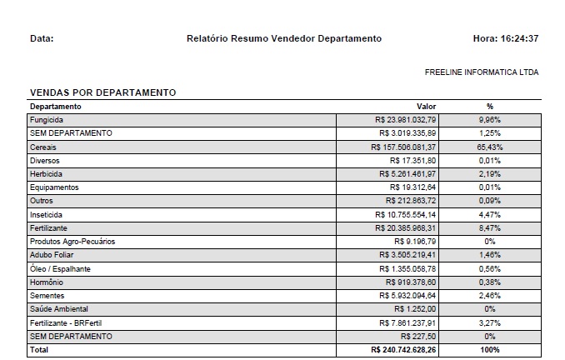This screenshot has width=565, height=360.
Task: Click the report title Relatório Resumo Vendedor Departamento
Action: pyautogui.click(x=284, y=38)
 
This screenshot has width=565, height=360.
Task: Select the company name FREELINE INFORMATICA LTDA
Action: pyautogui.click(x=482, y=72)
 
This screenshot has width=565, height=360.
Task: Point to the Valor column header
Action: pyautogui.click(x=426, y=107)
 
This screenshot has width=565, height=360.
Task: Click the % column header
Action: pyautogui.click(x=490, y=107)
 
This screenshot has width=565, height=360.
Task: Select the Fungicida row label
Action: pyautogui.click(x=47, y=120)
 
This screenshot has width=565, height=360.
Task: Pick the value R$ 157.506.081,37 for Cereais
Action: pyautogui.click(x=403, y=147)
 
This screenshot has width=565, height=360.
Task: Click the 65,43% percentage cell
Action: pyautogui.click(x=490, y=147)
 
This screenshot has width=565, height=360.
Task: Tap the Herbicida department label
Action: pyautogui.click(x=47, y=173)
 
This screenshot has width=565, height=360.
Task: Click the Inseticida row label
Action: pyautogui.click(x=48, y=214)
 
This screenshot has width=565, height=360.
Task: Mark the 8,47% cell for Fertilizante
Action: pyautogui.click(x=490, y=227)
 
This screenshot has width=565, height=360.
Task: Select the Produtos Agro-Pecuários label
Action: pyautogui.click(x=72, y=241)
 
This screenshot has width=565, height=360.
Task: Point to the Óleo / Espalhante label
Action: pyautogui.click(x=60, y=268)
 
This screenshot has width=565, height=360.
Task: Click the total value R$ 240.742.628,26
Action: pyautogui.click(x=403, y=350)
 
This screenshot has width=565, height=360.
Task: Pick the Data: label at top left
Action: pyautogui.click(x=42, y=38)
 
